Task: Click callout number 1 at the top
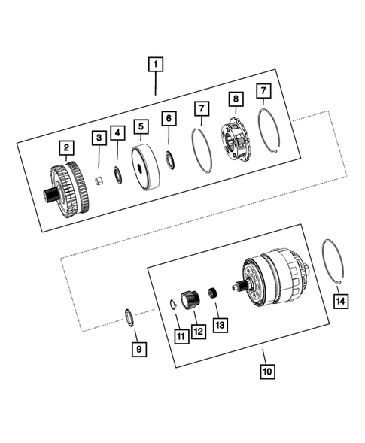[156, 65]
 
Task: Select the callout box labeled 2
[66, 147]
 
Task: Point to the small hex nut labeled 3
[99, 181]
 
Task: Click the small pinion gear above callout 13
[214, 295]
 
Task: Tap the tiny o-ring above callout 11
[172, 304]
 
